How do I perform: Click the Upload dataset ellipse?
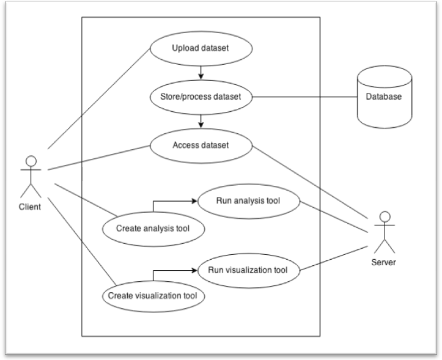(201, 48)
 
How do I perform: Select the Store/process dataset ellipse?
(201, 97)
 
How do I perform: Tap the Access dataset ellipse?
(201, 145)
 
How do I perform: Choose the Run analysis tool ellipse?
(248, 200)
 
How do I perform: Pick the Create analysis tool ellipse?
(152, 228)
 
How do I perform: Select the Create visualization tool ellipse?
(152, 296)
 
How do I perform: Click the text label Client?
(30, 207)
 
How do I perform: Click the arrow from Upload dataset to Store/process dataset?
(201, 72)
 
